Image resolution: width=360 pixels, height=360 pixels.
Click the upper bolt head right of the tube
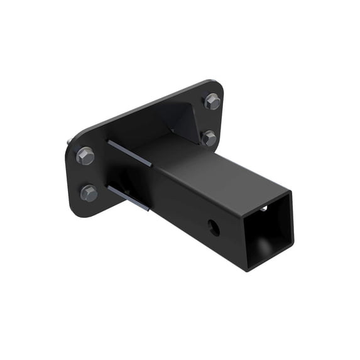212,102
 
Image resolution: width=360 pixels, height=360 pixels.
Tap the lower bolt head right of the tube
209,138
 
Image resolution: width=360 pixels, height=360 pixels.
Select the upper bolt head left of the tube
85,155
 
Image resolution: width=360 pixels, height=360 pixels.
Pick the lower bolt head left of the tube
89,193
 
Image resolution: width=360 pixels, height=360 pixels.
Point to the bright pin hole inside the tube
265,208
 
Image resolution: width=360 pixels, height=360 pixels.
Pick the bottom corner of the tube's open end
248,268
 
